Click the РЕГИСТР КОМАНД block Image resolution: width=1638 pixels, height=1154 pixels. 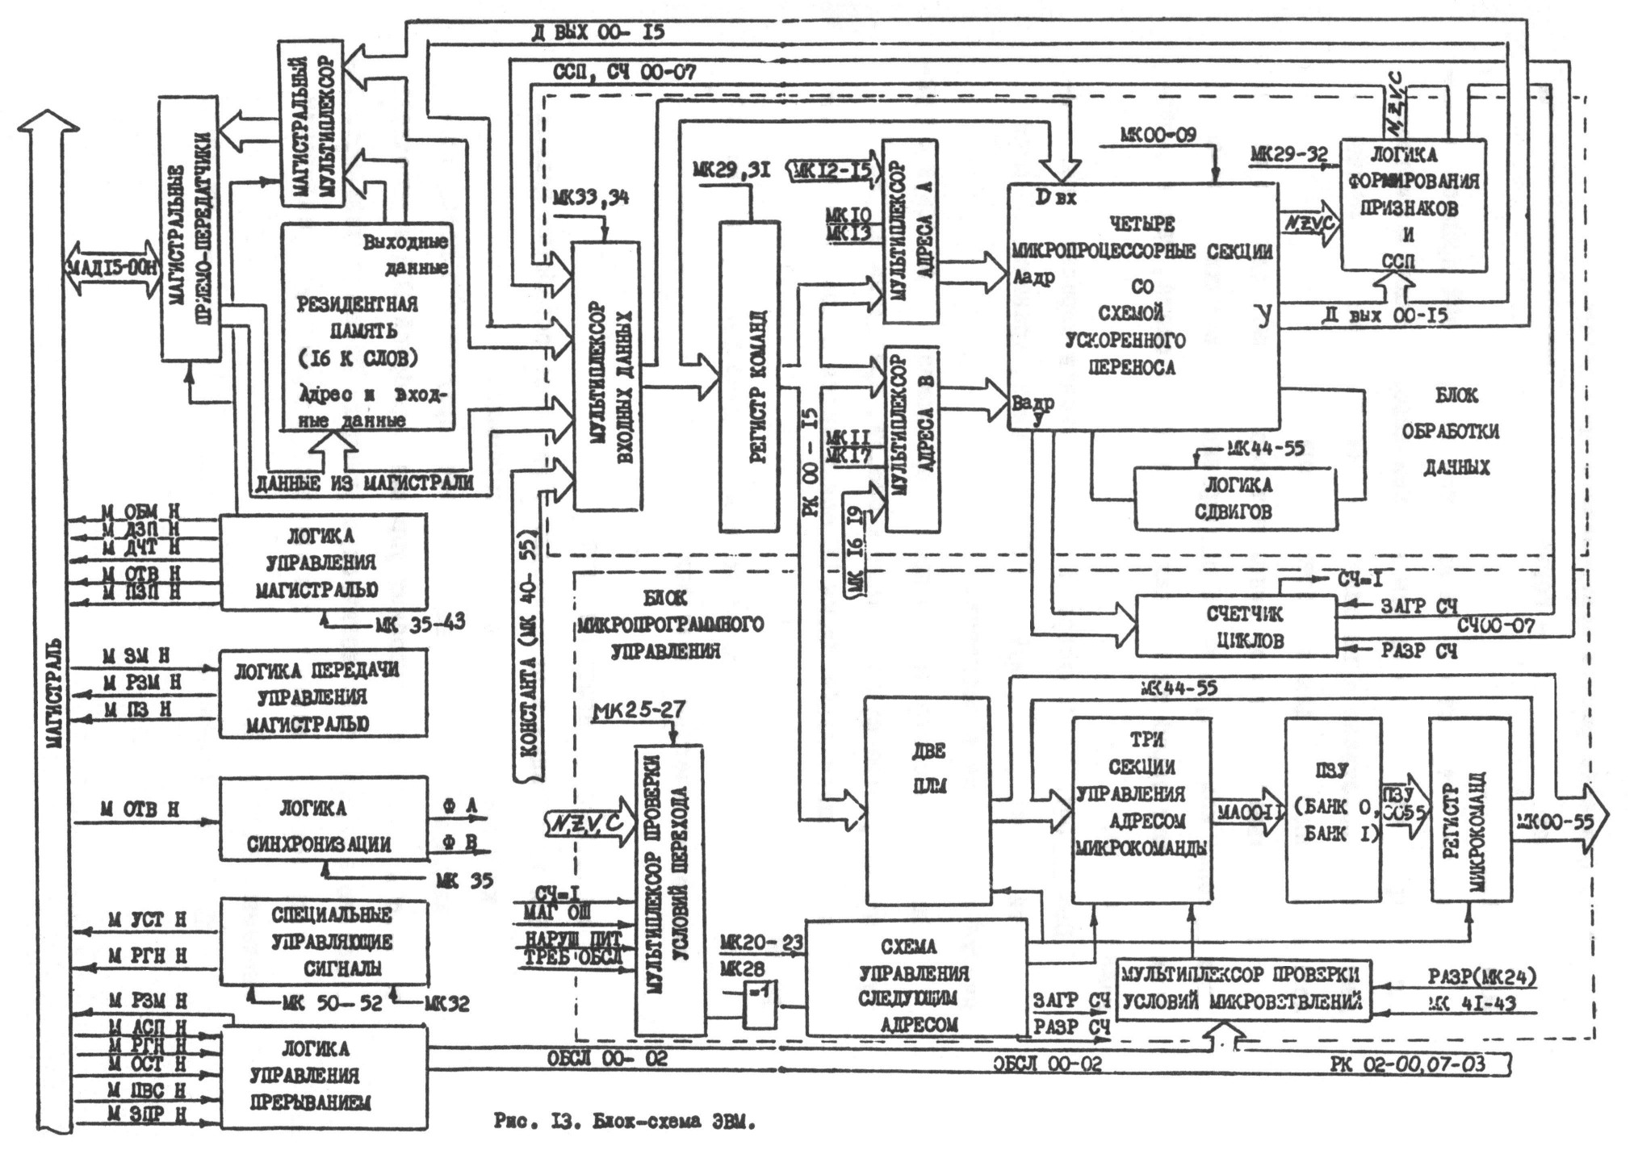tap(749, 376)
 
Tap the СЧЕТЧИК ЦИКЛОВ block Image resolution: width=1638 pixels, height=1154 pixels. tap(1234, 625)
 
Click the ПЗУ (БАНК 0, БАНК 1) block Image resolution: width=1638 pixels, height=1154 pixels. tap(1332, 809)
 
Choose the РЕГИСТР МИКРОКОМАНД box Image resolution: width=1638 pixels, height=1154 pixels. tap(1469, 809)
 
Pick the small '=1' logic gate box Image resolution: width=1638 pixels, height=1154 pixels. tap(759, 1006)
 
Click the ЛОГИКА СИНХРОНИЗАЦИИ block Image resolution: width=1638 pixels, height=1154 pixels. tap(323, 818)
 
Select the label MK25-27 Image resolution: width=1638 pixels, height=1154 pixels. tap(639, 710)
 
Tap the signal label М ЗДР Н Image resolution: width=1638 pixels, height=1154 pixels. tap(147, 1114)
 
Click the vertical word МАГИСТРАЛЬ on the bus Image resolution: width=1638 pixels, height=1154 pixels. tap(54, 694)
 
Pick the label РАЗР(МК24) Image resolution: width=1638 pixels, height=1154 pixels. tap(1481, 978)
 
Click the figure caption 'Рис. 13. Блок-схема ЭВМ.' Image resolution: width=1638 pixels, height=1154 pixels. tap(624, 1123)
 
